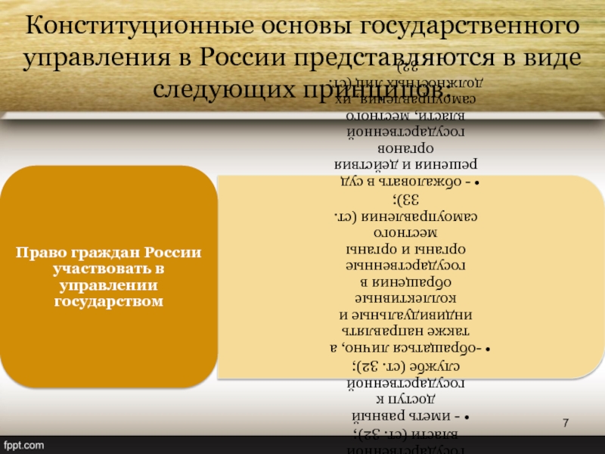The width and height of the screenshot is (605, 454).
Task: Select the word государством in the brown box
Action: (109, 302)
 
